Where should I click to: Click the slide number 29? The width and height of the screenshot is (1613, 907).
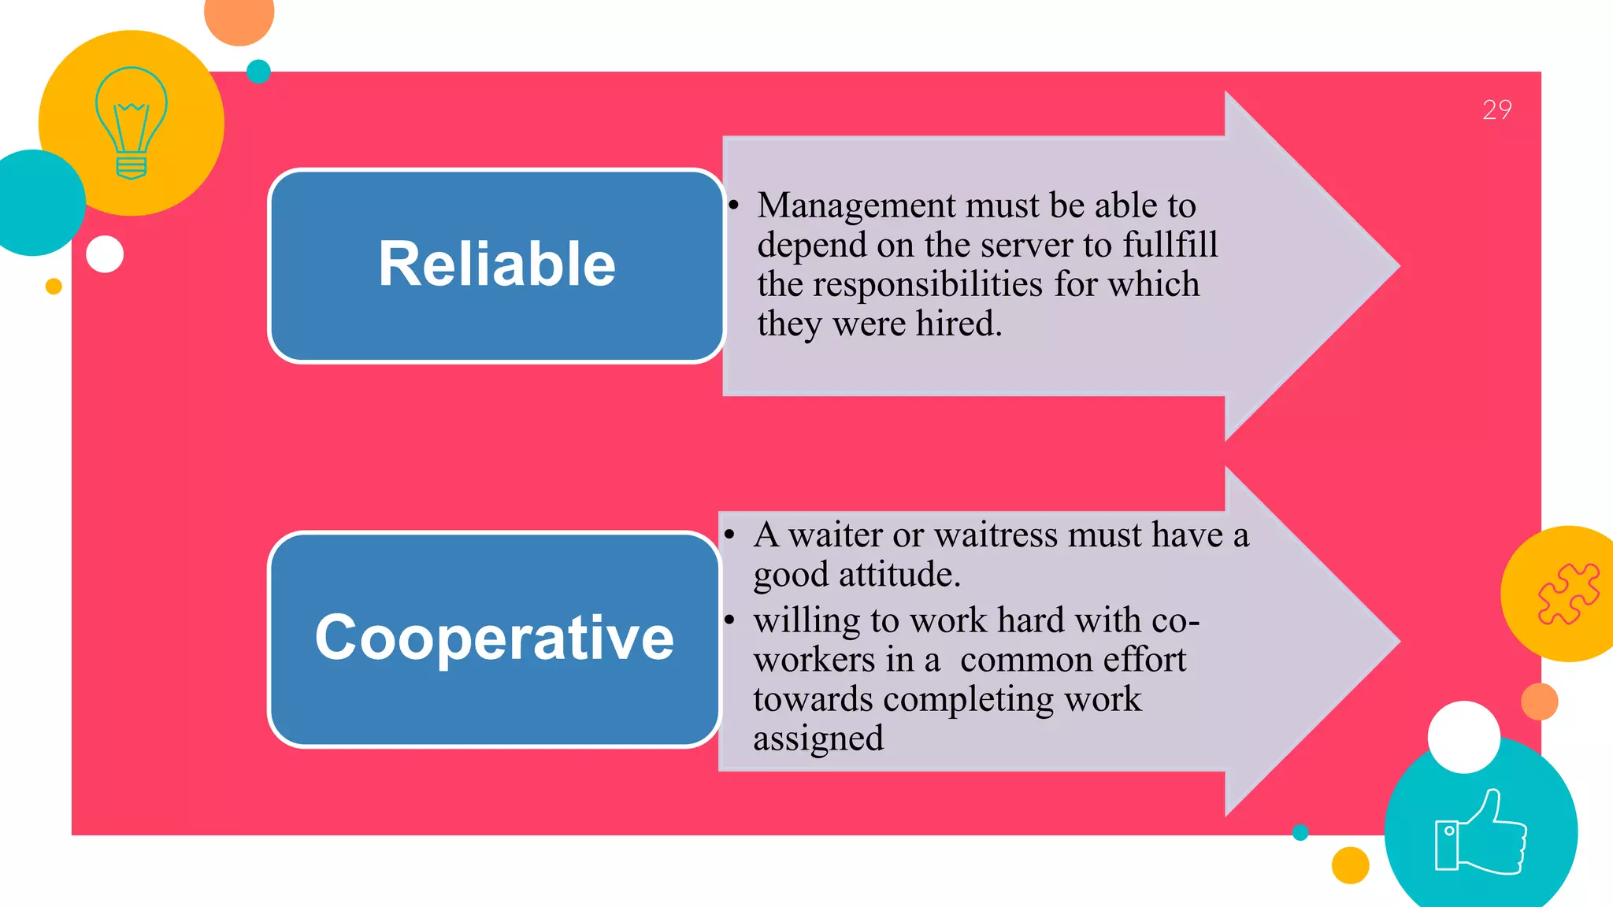[x=1496, y=109]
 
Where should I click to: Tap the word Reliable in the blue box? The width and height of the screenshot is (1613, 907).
[x=496, y=265]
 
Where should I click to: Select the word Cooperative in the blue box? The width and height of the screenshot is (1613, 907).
[x=494, y=638]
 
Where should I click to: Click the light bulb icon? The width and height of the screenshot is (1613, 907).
[x=132, y=123]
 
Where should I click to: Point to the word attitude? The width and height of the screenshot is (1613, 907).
[x=899, y=575]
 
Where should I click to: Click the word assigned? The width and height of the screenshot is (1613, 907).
[x=818, y=739]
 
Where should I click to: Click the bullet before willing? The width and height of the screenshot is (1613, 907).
[x=730, y=620]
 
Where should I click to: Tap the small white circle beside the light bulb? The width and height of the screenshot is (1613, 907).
[x=105, y=254]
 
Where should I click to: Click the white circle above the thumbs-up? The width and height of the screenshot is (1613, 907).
[x=1463, y=737]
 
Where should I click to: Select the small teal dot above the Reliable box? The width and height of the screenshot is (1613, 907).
[x=258, y=72]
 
